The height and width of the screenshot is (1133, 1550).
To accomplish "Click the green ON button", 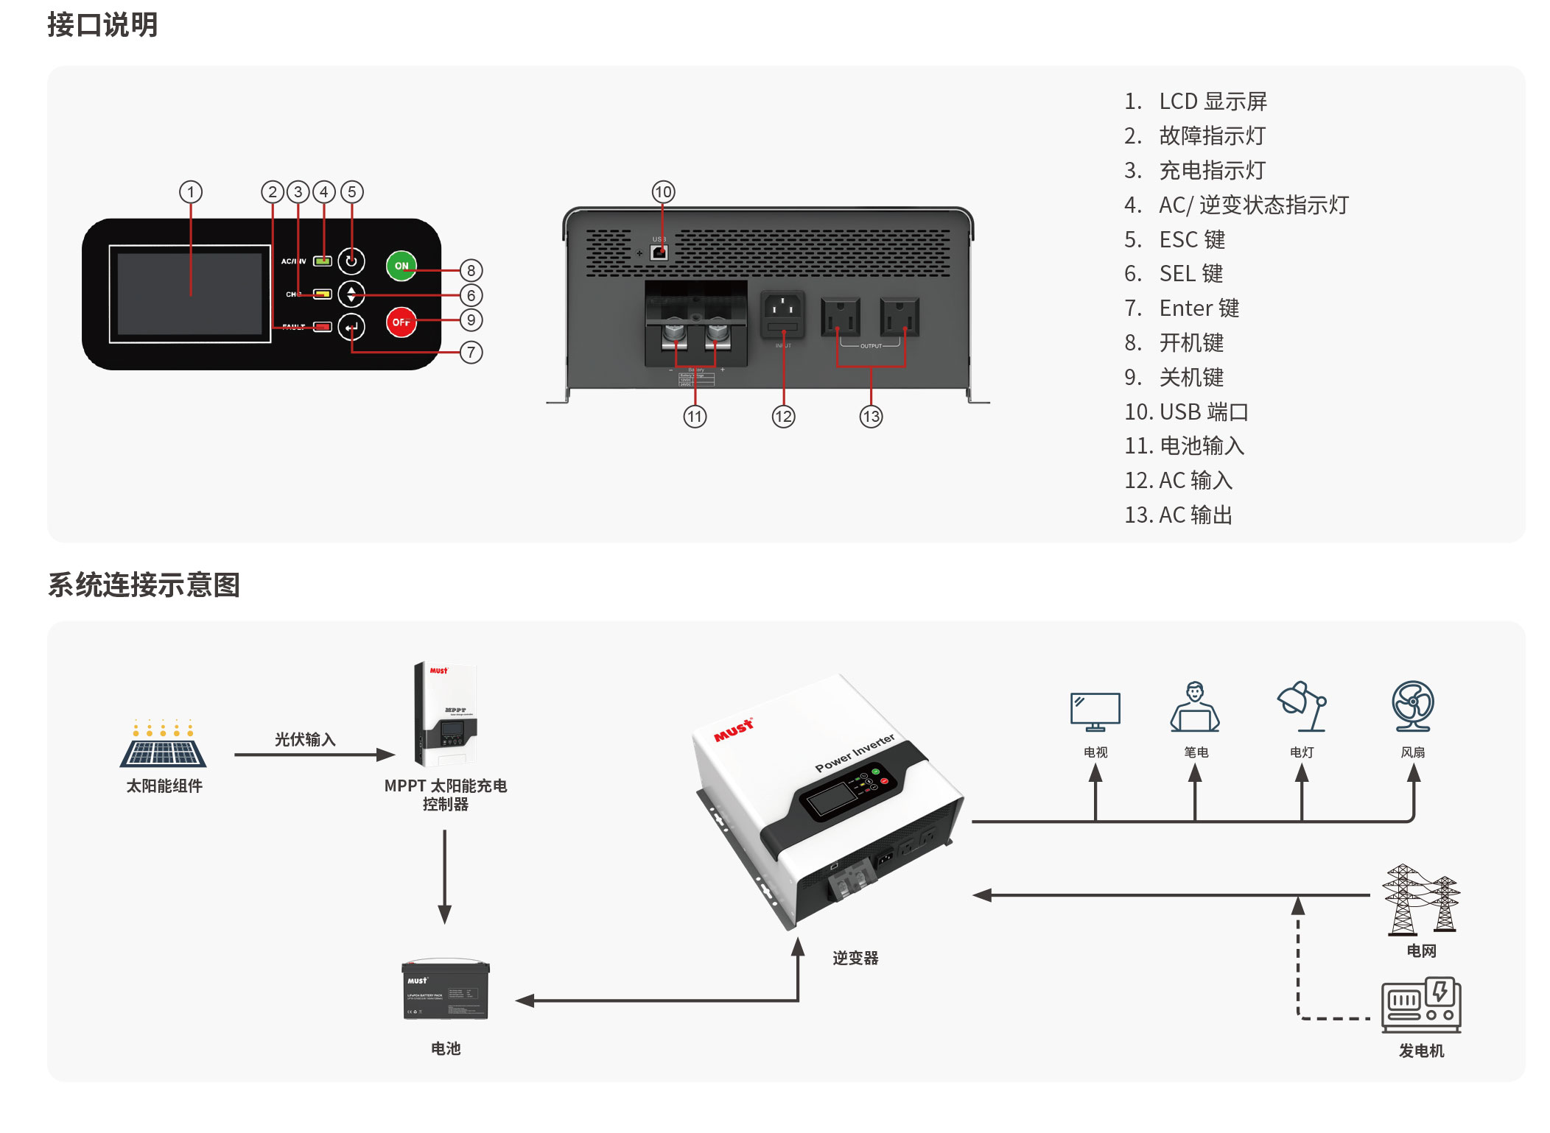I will [401, 266].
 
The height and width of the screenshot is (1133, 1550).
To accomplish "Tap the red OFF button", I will [401, 322].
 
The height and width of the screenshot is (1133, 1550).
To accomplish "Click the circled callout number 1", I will [191, 192].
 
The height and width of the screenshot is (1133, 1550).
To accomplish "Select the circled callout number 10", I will [663, 192].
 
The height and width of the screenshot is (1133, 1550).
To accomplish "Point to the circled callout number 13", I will [871, 417].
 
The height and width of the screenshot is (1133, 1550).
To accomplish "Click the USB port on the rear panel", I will [659, 253].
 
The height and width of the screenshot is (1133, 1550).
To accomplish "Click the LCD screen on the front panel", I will [190, 294].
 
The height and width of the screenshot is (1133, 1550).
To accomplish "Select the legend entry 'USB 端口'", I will [1186, 412].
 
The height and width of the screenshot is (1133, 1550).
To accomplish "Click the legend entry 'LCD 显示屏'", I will [1196, 102].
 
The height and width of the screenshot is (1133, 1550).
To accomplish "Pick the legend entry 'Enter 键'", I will [1182, 308].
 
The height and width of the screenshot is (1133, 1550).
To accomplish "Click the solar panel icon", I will [163, 745].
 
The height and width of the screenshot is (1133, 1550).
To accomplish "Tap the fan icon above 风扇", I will [1412, 705].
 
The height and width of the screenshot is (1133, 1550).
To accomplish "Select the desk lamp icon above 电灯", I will [1302, 705].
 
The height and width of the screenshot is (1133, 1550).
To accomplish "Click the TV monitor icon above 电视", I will [1095, 710].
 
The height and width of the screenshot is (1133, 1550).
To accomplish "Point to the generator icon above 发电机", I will [1420, 1005].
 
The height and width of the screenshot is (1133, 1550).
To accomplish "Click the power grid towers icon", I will [1420, 900].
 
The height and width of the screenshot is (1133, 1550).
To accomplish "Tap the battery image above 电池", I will [446, 990].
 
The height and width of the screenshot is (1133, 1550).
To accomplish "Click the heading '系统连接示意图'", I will [144, 585].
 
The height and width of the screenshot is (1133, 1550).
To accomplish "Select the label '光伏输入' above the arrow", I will [305, 739].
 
